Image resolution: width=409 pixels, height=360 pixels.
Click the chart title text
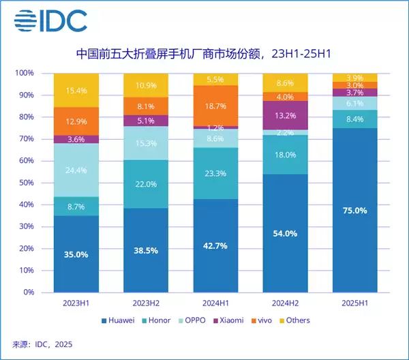pos(204,53)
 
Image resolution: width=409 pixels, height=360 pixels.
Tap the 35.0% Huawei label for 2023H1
pos(76,254)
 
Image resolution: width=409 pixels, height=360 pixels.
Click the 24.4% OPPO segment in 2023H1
pos(76,170)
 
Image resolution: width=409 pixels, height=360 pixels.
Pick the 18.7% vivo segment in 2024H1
pos(215,106)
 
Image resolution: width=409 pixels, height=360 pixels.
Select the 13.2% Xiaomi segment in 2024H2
pos(285,115)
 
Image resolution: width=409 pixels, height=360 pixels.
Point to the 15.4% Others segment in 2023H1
pos(76,90)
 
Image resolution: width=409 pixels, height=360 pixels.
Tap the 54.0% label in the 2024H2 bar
pos(285,233)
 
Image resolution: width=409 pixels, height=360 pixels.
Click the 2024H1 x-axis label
pos(215,303)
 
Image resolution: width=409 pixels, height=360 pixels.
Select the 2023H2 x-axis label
pos(146,303)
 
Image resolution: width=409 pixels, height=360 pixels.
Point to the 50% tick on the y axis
pos(25,183)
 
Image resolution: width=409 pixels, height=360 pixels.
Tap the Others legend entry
pos(294,320)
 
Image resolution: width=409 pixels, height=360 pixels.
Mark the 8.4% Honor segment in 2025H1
pos(355,119)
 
